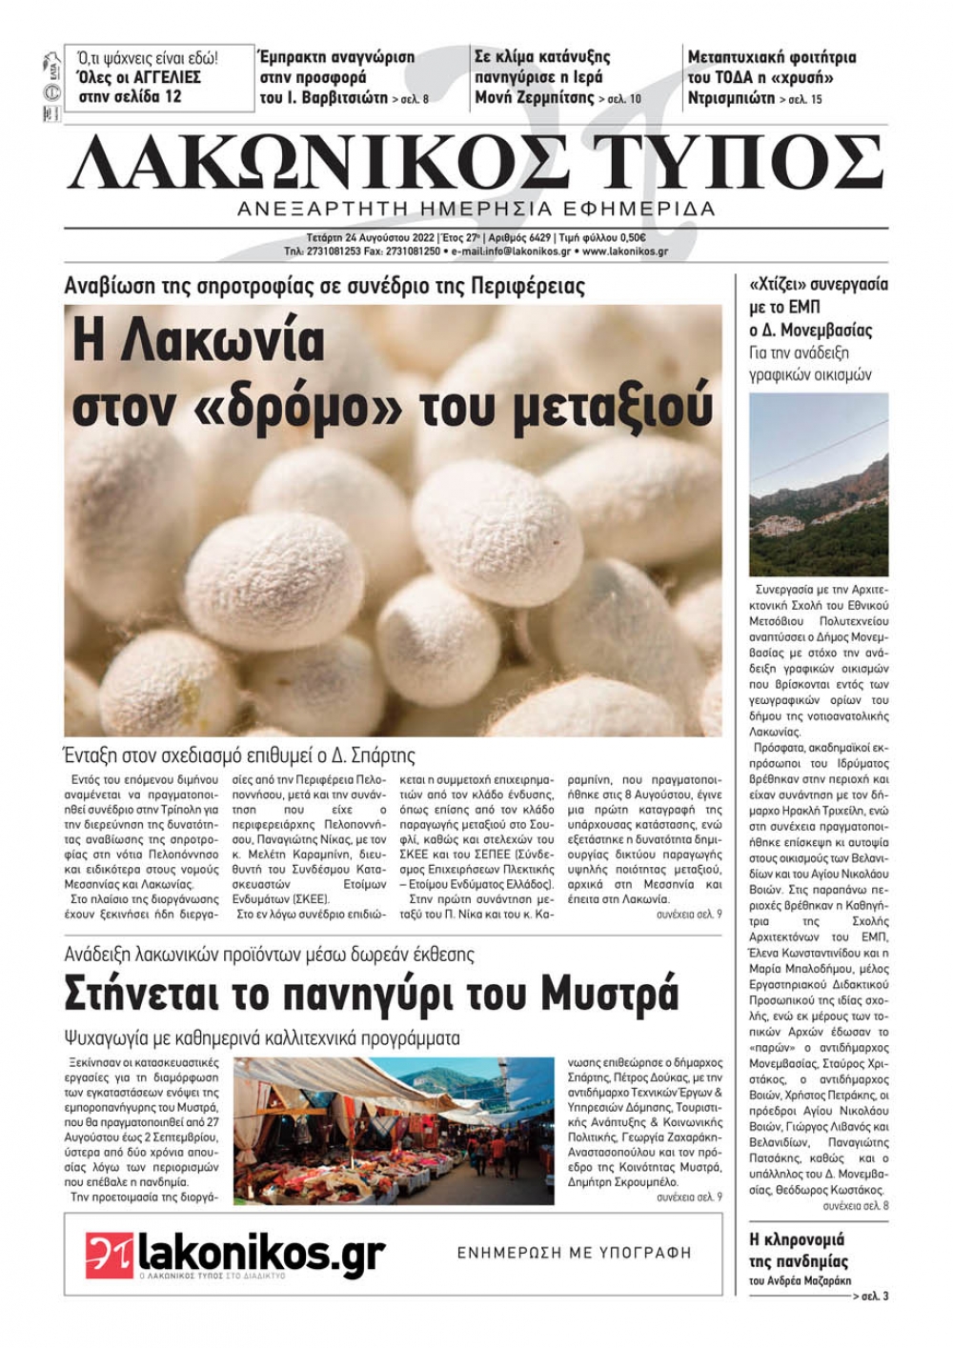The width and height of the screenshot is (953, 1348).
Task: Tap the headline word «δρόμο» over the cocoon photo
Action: pos(287,407)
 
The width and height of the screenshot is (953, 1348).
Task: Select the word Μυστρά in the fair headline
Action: pos(610,994)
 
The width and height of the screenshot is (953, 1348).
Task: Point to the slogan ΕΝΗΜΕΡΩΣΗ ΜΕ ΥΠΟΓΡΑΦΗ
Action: pos(574,1253)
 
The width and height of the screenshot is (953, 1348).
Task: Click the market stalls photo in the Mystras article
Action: pos(394,1130)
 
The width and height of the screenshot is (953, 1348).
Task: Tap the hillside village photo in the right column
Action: pos(818,484)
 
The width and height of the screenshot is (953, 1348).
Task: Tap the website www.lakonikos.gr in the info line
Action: pos(624,251)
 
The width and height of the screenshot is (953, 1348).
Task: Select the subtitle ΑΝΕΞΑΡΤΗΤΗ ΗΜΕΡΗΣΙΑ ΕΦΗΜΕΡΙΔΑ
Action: pos(476,209)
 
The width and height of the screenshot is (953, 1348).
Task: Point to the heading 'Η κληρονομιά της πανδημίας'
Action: pos(798,1250)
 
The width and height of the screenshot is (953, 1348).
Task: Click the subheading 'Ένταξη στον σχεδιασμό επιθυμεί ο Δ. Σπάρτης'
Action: pos(239,755)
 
